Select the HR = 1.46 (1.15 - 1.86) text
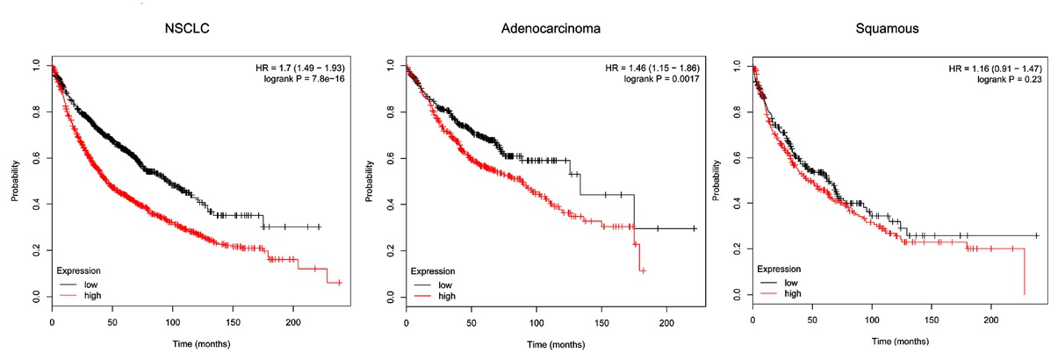[651, 68]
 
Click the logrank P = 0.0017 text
[659, 80]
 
